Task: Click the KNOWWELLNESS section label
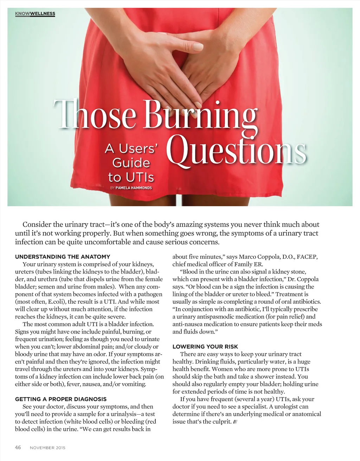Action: coord(35,14)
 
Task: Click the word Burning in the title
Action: coord(201,114)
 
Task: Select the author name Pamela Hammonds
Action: coord(134,188)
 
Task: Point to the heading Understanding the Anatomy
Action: coord(63,257)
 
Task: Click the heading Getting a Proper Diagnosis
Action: coord(61,399)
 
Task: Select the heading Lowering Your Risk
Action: coord(205,347)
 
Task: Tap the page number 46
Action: coord(18,448)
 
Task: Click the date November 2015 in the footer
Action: coord(47,448)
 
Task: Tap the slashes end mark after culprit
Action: coord(235,422)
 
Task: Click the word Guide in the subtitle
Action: coord(131,163)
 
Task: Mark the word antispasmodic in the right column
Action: coord(214,317)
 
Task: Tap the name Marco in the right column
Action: coord(247,257)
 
